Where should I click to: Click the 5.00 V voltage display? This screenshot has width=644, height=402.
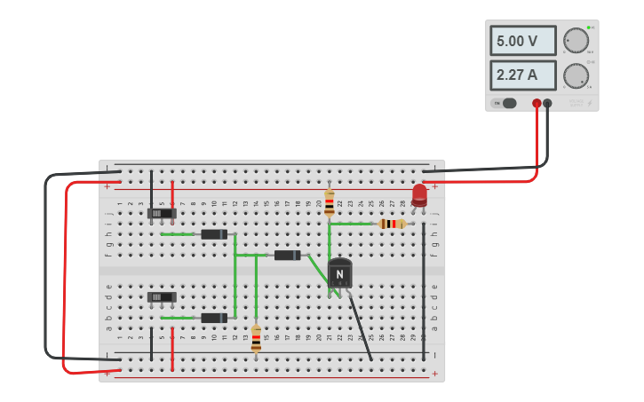tap(522, 41)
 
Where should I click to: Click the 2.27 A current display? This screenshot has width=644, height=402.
tap(522, 75)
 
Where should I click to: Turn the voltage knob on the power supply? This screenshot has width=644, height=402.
tap(576, 41)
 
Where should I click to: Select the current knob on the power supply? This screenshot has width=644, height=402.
tap(576, 75)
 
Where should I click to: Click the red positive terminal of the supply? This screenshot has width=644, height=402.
tap(537, 104)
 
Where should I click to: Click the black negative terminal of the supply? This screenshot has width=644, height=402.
tap(547, 104)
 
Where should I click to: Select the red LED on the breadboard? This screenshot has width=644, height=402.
tap(419, 195)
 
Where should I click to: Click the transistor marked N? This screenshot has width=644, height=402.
tap(339, 273)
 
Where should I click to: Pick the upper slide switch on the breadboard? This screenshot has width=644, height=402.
tap(162, 213)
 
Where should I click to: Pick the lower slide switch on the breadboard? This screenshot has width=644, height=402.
tap(162, 297)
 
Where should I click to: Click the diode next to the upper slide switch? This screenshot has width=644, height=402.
tap(214, 234)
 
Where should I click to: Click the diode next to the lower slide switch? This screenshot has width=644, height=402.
tap(214, 318)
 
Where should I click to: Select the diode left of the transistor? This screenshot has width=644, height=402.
tap(287, 256)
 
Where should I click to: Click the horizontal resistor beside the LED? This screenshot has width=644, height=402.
tap(392, 224)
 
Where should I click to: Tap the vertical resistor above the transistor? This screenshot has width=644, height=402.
tap(330, 202)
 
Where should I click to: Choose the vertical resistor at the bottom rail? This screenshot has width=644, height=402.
tap(257, 338)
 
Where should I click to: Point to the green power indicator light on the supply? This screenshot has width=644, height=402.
tap(588, 28)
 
